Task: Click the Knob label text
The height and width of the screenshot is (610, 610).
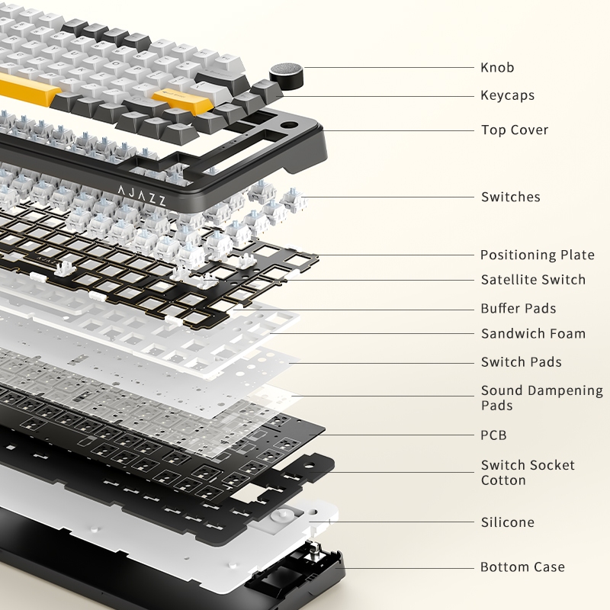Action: [x=497, y=68]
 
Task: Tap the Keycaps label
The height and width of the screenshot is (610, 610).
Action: [x=507, y=96]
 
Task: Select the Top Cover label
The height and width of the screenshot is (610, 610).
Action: [x=515, y=130]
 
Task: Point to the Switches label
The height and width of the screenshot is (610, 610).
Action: [x=510, y=197]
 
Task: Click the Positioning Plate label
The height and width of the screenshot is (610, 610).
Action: [x=538, y=255]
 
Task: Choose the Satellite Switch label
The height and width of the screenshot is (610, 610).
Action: [x=533, y=280]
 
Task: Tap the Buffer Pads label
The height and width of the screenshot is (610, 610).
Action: [x=518, y=309]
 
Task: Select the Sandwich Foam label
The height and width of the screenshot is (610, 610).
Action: [x=533, y=334]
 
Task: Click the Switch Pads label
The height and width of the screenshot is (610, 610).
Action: [x=522, y=362]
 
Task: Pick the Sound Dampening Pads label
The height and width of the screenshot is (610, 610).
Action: [x=542, y=398]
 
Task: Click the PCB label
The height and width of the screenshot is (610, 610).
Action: [x=493, y=435]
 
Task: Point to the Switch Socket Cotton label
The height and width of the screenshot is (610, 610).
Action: [x=528, y=473]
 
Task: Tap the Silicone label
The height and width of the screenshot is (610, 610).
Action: [x=508, y=522]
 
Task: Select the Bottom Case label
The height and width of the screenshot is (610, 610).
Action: [x=522, y=567]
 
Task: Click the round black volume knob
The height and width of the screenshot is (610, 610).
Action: [x=287, y=75]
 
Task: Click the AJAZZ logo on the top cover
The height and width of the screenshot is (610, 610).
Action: [x=142, y=195]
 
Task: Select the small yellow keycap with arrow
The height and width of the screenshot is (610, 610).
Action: [x=183, y=98]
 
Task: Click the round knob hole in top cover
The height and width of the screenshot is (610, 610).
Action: [x=289, y=126]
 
